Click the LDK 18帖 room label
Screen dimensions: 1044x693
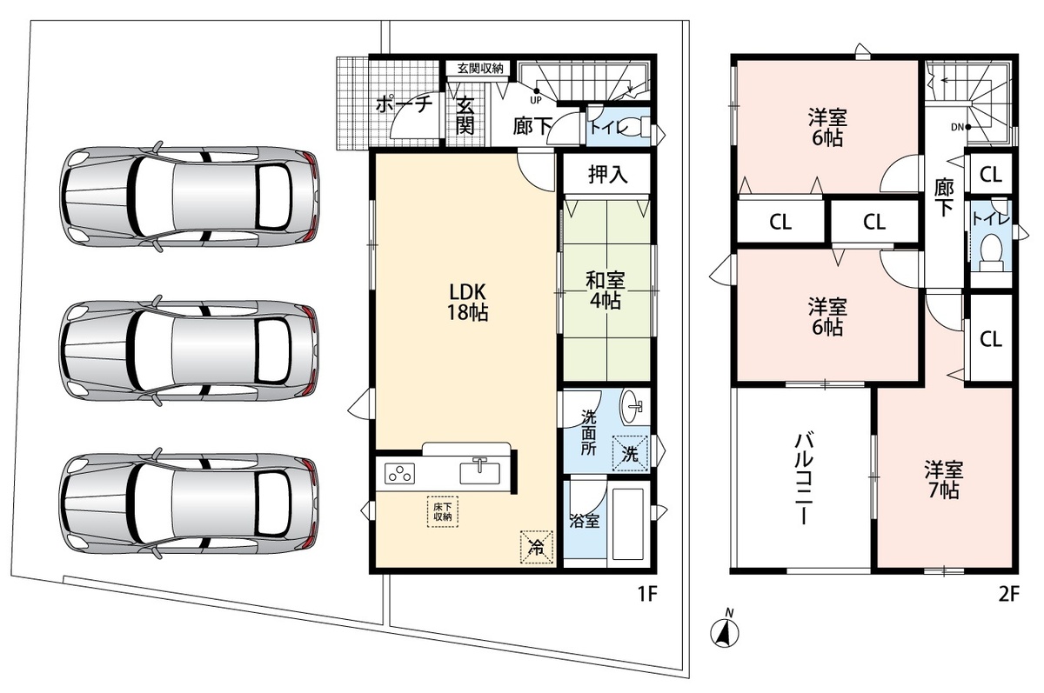467,303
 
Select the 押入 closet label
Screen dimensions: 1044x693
607,174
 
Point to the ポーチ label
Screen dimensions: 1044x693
404,103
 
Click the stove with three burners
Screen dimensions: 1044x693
399,473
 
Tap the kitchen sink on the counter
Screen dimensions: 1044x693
479,472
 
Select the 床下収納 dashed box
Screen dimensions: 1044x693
442,512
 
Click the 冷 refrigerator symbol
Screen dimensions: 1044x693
537,547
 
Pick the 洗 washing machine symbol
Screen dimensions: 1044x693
630,453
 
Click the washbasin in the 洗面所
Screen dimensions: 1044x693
632,407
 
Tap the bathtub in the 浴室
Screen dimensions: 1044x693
627,523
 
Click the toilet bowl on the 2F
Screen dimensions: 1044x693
991,252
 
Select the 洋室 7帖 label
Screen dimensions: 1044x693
944,480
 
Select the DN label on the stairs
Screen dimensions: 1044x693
957,127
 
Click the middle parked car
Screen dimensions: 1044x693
190,351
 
